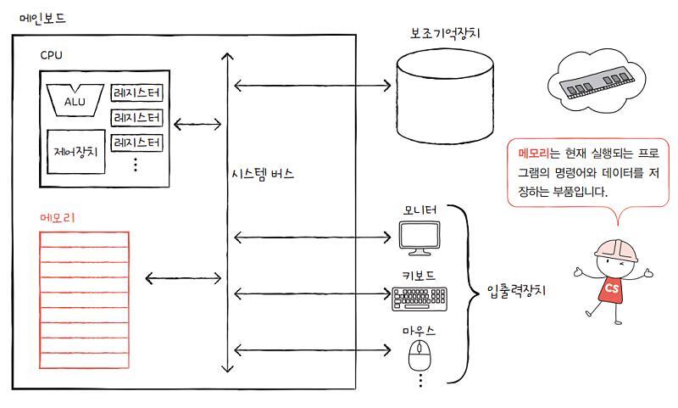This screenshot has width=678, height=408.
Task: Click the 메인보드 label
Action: pos(43,18)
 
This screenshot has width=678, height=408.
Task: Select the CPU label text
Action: pos(51,55)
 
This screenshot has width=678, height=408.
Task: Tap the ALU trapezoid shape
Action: pos(75,100)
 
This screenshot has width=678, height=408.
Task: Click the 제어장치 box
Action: pos(76,152)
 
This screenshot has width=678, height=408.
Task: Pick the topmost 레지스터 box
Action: pos(136,92)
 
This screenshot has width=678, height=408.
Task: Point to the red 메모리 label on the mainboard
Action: pos(58,217)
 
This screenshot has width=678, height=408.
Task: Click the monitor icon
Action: pos(420,238)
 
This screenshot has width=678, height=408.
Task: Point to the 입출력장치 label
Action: pos(517,291)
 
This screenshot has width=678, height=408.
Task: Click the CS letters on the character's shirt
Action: pos(611,288)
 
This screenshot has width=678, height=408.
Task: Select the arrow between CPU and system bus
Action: pos(197,125)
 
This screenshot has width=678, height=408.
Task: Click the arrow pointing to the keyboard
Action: pos(309,294)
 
